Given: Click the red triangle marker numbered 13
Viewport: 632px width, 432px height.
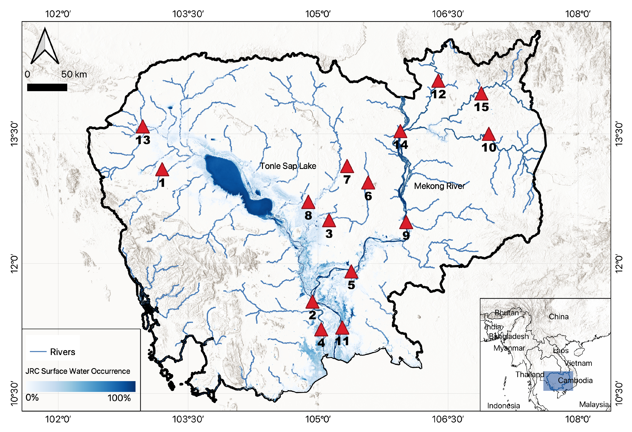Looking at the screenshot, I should pyautogui.click(x=142, y=127).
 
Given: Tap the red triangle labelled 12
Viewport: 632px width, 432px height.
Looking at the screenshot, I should pyautogui.click(x=438, y=81).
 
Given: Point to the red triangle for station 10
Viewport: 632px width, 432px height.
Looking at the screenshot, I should pyautogui.click(x=489, y=135).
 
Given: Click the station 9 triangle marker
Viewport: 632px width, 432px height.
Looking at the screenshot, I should pyautogui.click(x=406, y=223).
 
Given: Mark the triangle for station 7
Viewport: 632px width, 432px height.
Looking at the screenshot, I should pyautogui.click(x=347, y=167).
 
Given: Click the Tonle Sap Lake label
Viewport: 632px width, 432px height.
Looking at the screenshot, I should pyautogui.click(x=288, y=166).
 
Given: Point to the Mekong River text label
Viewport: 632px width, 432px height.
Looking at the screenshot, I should pyautogui.click(x=439, y=186).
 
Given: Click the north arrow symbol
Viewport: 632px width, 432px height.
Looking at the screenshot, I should pyautogui.click(x=45, y=47).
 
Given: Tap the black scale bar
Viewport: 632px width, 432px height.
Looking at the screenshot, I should pyautogui.click(x=47, y=87).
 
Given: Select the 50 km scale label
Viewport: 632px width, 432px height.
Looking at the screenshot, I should pyautogui.click(x=74, y=74).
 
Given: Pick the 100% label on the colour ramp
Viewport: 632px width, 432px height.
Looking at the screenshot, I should pyautogui.click(x=119, y=398).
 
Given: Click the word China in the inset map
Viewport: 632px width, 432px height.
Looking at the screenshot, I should pyautogui.click(x=559, y=317).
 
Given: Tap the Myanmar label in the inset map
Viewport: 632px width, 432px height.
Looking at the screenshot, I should pyautogui.click(x=509, y=348).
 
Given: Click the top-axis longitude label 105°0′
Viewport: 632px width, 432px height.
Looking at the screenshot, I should pyautogui.click(x=318, y=14).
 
